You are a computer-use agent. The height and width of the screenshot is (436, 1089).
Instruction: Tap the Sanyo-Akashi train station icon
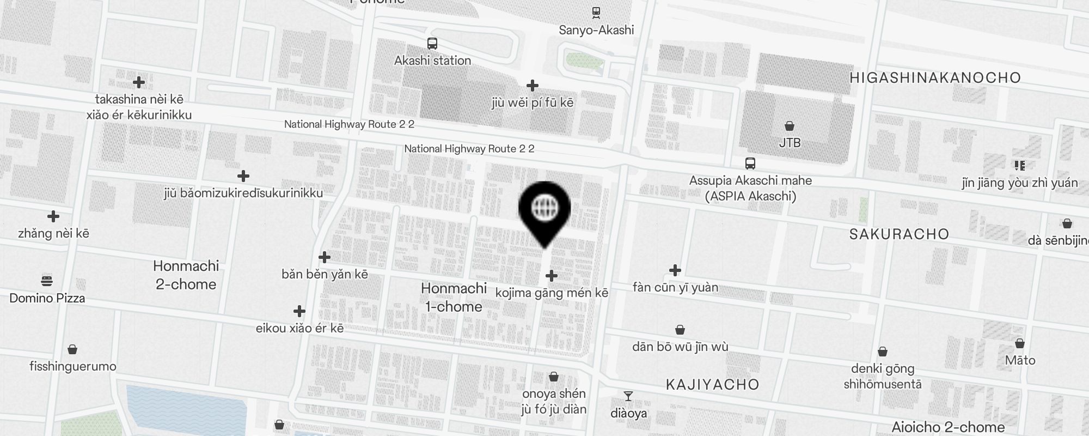tap(596, 13)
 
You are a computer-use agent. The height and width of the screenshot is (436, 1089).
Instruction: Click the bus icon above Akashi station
tap(432, 44)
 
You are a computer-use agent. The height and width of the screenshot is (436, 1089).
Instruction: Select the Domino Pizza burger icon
tap(47, 281)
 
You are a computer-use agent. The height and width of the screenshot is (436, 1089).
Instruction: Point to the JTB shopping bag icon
tap(790, 126)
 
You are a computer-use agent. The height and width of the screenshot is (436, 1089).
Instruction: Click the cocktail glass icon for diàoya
tap(628, 396)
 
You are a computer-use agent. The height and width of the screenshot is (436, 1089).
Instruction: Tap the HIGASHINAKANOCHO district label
tap(935, 77)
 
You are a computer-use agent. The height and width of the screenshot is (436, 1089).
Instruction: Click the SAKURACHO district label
tap(899, 234)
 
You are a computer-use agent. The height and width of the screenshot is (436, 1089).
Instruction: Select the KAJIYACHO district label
tap(712, 385)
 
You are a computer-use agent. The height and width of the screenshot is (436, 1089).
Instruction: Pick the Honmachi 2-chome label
tap(186, 275)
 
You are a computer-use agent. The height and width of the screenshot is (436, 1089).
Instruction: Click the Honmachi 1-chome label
tap(454, 297)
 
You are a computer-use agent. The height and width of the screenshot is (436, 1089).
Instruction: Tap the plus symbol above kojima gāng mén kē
tap(552, 276)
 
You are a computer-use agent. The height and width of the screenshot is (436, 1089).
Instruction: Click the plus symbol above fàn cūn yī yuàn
tap(675, 270)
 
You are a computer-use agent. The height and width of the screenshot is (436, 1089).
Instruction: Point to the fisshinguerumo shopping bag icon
tap(72, 349)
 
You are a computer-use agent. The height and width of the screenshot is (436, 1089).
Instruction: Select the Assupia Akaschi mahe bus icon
tap(750, 163)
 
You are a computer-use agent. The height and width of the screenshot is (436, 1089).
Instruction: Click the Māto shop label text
tap(1020, 360)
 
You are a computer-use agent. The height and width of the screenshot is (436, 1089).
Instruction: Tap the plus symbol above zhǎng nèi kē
tap(53, 217)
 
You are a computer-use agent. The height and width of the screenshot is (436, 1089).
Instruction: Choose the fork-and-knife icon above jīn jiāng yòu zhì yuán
tap(1019, 165)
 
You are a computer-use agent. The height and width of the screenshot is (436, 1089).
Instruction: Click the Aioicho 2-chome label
tap(948, 427)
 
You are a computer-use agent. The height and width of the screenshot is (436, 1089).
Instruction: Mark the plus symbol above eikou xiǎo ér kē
tap(299, 311)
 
